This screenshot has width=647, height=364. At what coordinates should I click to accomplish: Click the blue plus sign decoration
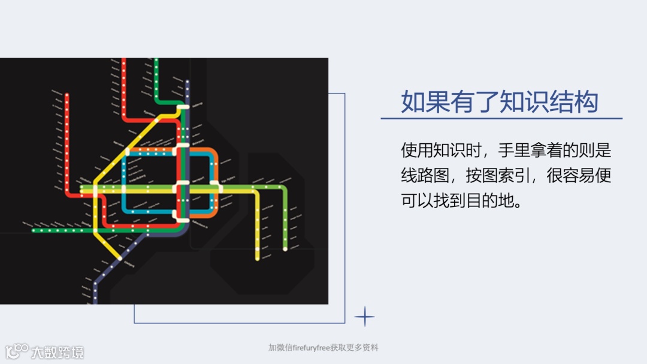[364, 316]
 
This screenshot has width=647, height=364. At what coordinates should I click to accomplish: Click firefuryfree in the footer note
[307, 348]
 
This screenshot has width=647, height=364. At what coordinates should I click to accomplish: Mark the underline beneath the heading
[501, 119]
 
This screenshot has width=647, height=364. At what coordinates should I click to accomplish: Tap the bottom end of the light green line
[285, 249]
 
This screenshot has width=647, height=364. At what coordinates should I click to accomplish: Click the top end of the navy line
[188, 82]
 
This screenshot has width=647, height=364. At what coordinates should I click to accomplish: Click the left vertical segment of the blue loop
[123, 180]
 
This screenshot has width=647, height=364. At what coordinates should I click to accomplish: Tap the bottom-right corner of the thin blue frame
[345, 323]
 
